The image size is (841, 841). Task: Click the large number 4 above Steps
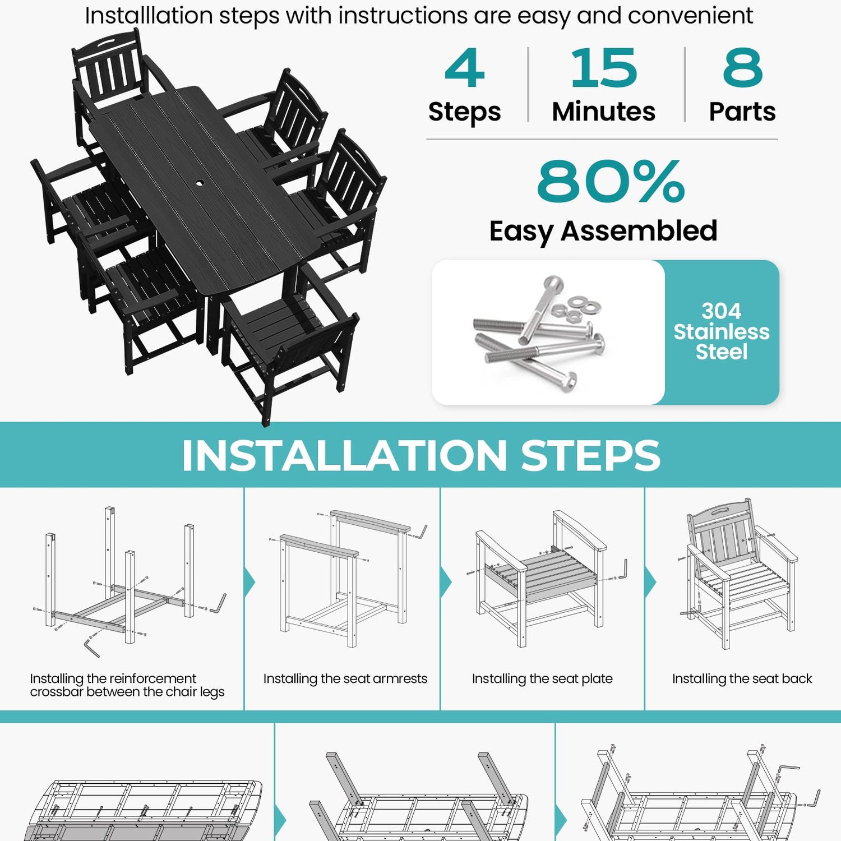[464, 68]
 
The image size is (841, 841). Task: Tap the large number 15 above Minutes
[604, 68]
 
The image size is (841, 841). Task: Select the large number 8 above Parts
[742, 68]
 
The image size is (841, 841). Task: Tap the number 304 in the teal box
[722, 311]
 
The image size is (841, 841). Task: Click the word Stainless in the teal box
[722, 331]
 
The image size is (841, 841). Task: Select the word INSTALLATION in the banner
[344, 455]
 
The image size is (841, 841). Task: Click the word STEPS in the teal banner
[591, 455]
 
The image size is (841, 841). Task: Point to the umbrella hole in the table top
[200, 183]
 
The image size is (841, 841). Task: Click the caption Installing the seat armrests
[345, 679]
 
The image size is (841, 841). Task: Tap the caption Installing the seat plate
[542, 679]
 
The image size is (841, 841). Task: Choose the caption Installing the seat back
[742, 679]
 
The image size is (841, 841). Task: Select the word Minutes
[604, 112]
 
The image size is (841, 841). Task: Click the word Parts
[742, 112]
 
